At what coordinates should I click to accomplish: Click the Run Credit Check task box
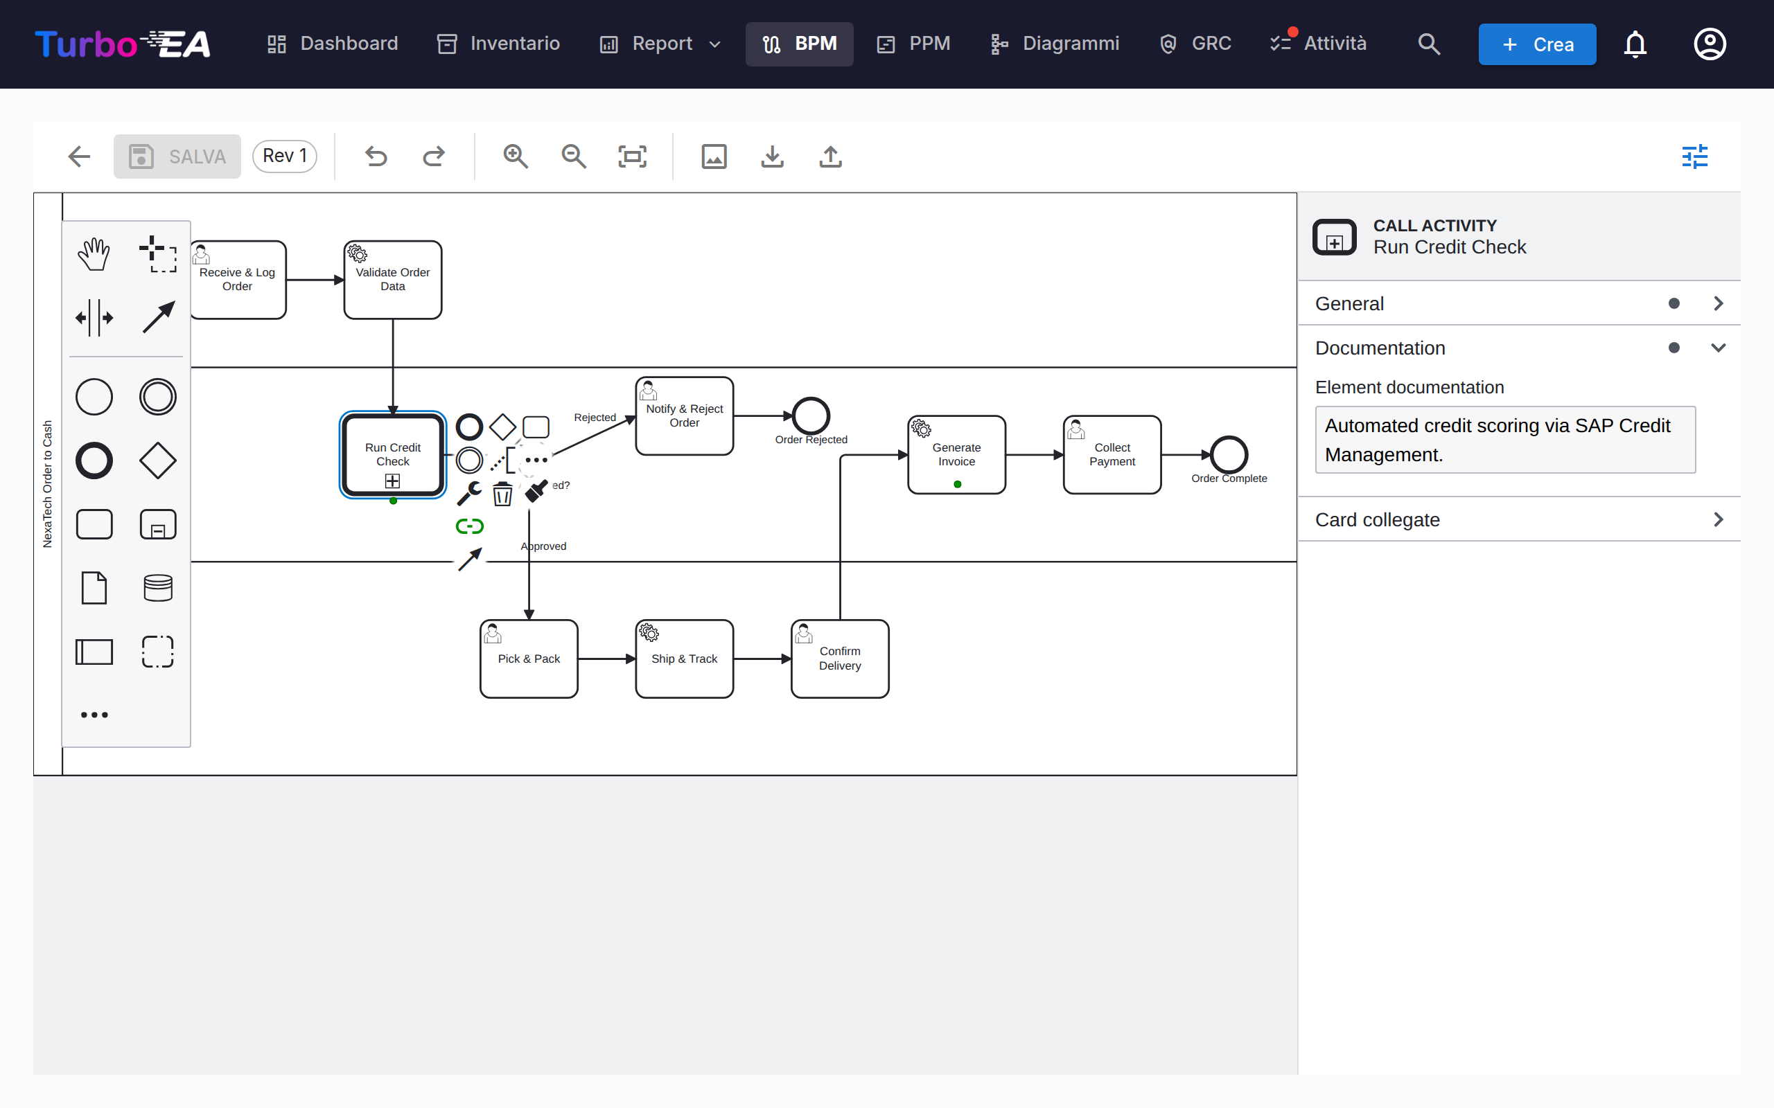tap(393, 455)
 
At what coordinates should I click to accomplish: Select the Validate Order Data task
tap(393, 280)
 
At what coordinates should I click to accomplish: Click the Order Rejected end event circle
tap(811, 415)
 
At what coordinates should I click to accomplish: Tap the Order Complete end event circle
tap(1229, 454)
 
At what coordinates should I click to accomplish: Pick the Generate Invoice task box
tap(956, 455)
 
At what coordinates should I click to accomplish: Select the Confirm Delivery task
tap(840, 659)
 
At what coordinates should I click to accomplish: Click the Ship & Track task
tap(684, 659)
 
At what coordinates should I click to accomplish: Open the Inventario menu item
tap(498, 44)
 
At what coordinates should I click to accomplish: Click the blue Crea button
tap(1537, 44)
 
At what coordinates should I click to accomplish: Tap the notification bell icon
tap(1635, 44)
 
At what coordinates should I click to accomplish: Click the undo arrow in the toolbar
tap(376, 156)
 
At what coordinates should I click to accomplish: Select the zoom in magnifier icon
tap(516, 156)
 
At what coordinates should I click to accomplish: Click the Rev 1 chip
tap(284, 156)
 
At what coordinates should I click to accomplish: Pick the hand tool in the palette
tap(94, 254)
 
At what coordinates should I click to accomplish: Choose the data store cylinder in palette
tap(157, 588)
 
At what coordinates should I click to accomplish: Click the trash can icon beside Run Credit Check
tap(502, 494)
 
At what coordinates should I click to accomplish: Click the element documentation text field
tap(1505, 440)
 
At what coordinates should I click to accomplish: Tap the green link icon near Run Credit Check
tap(469, 526)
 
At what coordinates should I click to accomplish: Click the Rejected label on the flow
tap(595, 418)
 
